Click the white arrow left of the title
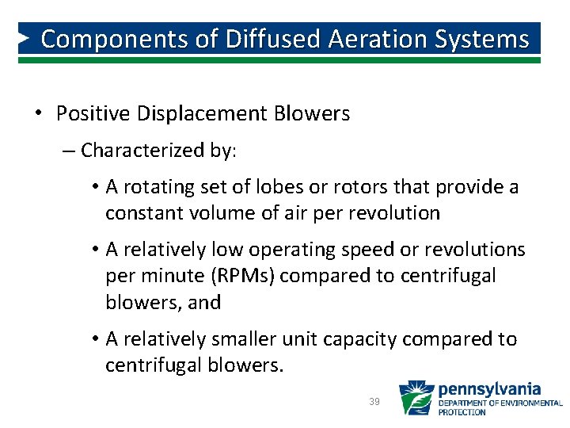point(25,37)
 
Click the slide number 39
point(374,402)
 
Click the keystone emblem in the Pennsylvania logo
point(415,399)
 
